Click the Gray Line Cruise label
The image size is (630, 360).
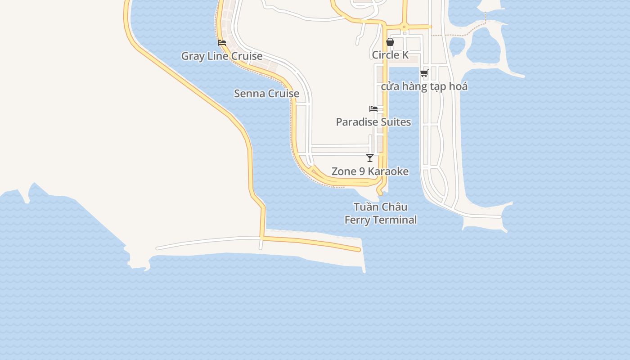[222, 56]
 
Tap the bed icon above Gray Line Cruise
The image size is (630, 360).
[222, 43]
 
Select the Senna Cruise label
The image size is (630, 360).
[266, 94]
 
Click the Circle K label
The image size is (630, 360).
[390, 55]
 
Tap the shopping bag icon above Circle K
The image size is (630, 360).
[390, 42]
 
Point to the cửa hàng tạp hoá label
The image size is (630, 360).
[424, 86]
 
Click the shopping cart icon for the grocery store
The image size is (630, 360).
[424, 73]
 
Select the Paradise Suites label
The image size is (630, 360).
[373, 122]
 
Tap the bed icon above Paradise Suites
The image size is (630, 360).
[373, 109]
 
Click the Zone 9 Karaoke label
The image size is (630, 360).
[370, 171]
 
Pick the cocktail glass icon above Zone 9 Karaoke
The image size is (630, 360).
[370, 158]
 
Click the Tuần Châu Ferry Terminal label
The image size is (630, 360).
[381, 213]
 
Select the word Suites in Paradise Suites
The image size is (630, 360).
[394, 122]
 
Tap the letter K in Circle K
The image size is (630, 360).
[405, 55]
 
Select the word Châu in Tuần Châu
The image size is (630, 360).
[396, 207]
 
